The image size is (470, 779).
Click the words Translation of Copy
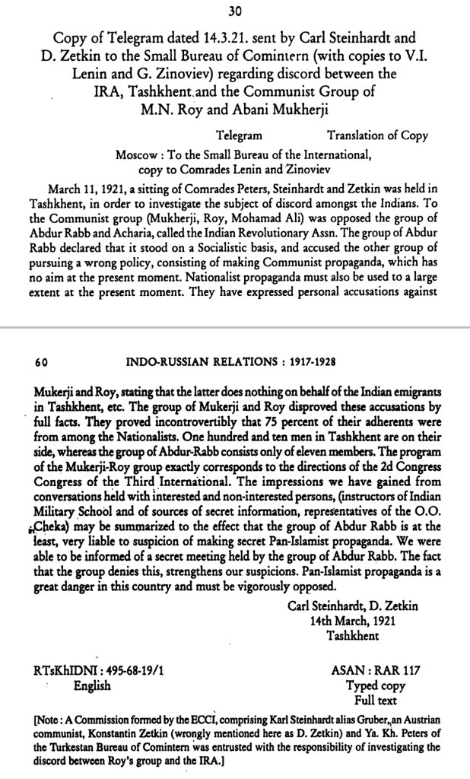(x=377, y=136)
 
